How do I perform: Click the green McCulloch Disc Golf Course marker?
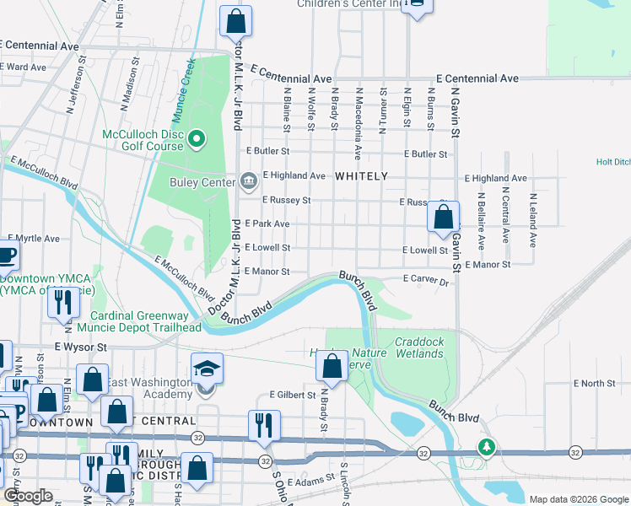click(x=197, y=138)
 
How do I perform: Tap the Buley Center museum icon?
click(x=248, y=180)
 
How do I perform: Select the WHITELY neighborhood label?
click(x=361, y=176)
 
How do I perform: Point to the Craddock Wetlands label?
click(x=419, y=347)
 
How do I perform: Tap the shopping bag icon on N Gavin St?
click(x=443, y=218)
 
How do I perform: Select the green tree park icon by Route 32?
click(x=485, y=447)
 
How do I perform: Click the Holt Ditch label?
click(x=612, y=162)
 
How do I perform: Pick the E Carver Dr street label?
click(x=426, y=278)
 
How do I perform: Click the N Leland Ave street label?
click(x=532, y=220)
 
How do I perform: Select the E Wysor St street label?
click(x=82, y=347)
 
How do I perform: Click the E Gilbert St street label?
click(x=292, y=395)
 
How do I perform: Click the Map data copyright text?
click(x=578, y=499)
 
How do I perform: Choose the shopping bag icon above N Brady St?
click(x=332, y=367)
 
